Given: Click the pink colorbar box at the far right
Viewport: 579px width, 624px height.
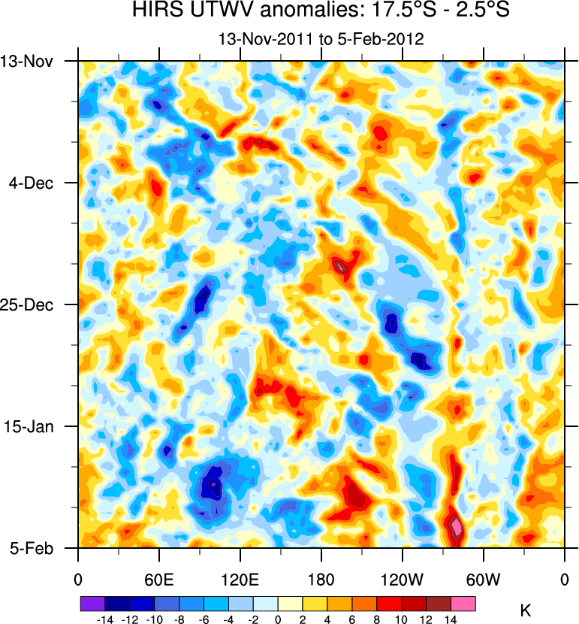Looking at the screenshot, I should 463,603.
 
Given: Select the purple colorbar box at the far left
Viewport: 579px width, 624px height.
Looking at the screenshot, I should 92,603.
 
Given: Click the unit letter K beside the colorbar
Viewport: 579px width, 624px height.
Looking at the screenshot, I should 526,610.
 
